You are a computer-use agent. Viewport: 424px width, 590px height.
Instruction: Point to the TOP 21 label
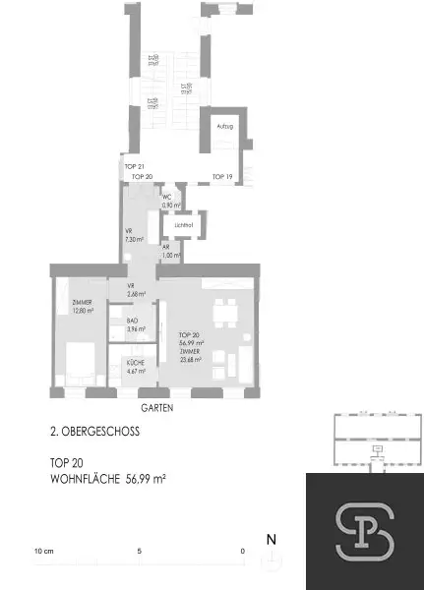click(135, 166)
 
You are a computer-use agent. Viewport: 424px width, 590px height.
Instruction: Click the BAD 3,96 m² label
click(136, 324)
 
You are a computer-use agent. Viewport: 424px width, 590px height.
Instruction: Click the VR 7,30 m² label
click(134, 236)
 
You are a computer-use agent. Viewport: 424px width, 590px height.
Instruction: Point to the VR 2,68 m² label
click(136, 290)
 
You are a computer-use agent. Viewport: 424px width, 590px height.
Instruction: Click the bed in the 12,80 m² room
click(78, 364)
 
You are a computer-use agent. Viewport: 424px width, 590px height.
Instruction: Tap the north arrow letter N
click(271, 540)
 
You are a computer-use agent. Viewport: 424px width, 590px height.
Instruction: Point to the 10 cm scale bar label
click(44, 551)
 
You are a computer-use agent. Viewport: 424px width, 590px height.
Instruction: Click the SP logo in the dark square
click(364, 531)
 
